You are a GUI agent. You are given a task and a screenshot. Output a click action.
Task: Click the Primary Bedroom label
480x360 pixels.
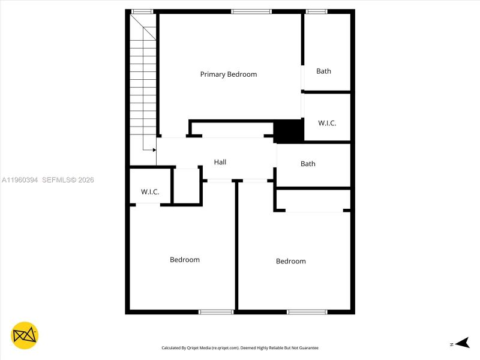click(228, 74)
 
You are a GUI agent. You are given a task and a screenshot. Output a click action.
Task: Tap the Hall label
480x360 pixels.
click(220, 162)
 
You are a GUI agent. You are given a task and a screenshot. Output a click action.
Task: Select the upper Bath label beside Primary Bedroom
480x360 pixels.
click(323, 71)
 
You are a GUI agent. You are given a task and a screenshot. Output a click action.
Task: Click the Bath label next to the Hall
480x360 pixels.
click(308, 164)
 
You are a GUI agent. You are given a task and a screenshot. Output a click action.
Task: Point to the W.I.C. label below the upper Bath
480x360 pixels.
click(327, 123)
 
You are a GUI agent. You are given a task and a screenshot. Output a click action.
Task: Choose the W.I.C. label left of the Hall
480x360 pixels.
click(150, 192)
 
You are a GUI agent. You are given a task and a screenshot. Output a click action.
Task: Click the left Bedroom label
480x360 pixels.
click(184, 260)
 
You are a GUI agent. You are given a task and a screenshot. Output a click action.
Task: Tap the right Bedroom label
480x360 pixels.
click(290, 261)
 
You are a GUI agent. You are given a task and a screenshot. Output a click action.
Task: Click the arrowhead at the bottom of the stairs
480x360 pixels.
click(154, 150)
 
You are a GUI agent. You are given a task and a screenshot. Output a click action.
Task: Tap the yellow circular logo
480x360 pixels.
click(24, 335)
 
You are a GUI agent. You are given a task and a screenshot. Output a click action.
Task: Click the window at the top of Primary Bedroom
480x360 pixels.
click(251, 11)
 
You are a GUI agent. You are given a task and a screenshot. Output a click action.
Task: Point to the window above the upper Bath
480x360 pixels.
click(316, 11)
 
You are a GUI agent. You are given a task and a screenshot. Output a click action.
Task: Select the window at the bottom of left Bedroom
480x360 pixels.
click(216, 311)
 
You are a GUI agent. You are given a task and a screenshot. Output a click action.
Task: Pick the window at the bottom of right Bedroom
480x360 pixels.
click(307, 311)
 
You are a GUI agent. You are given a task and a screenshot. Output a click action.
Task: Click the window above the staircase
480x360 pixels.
click(142, 11)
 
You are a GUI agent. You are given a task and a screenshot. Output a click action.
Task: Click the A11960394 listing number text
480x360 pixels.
click(20, 180)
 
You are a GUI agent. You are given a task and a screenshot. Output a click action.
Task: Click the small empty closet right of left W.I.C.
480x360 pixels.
click(187, 186)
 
